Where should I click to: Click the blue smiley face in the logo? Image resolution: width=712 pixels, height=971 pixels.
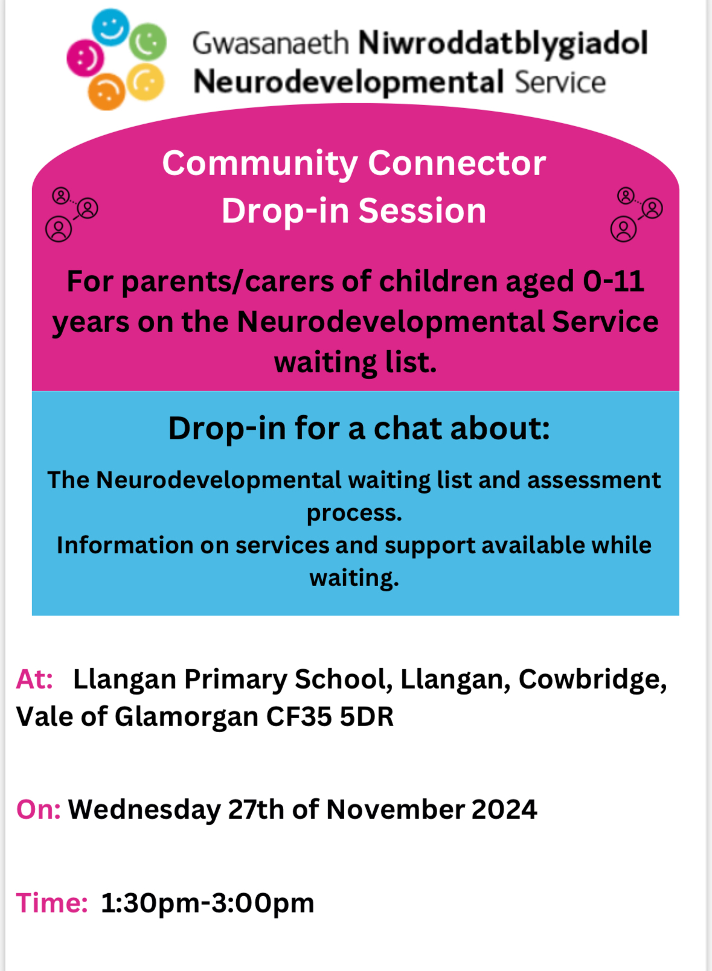(111, 27)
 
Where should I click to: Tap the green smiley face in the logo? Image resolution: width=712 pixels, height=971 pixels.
(148, 42)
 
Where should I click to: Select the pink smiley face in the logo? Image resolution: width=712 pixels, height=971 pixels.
(85, 58)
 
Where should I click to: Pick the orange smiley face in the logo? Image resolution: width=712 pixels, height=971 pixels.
(106, 92)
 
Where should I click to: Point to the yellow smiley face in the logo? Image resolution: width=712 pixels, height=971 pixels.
(146, 82)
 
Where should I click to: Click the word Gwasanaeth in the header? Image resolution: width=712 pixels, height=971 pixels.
(271, 43)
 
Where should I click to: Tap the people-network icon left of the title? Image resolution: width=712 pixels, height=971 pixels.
(72, 214)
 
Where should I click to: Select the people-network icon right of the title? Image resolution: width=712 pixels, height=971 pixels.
(637, 214)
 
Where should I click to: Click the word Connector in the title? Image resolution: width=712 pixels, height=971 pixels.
(457, 164)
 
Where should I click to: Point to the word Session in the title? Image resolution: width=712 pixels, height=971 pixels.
(422, 211)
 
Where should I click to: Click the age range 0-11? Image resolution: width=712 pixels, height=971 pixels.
(614, 281)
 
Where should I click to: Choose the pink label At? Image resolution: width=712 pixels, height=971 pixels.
(34, 679)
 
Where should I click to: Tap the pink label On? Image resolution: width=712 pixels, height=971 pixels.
(38, 809)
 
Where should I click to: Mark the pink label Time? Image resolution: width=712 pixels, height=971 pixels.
(52, 903)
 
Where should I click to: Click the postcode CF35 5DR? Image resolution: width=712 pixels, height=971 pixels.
(330, 716)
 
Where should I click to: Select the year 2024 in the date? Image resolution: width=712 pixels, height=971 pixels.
(504, 809)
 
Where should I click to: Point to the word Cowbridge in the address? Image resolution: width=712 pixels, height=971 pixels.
(592, 680)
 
